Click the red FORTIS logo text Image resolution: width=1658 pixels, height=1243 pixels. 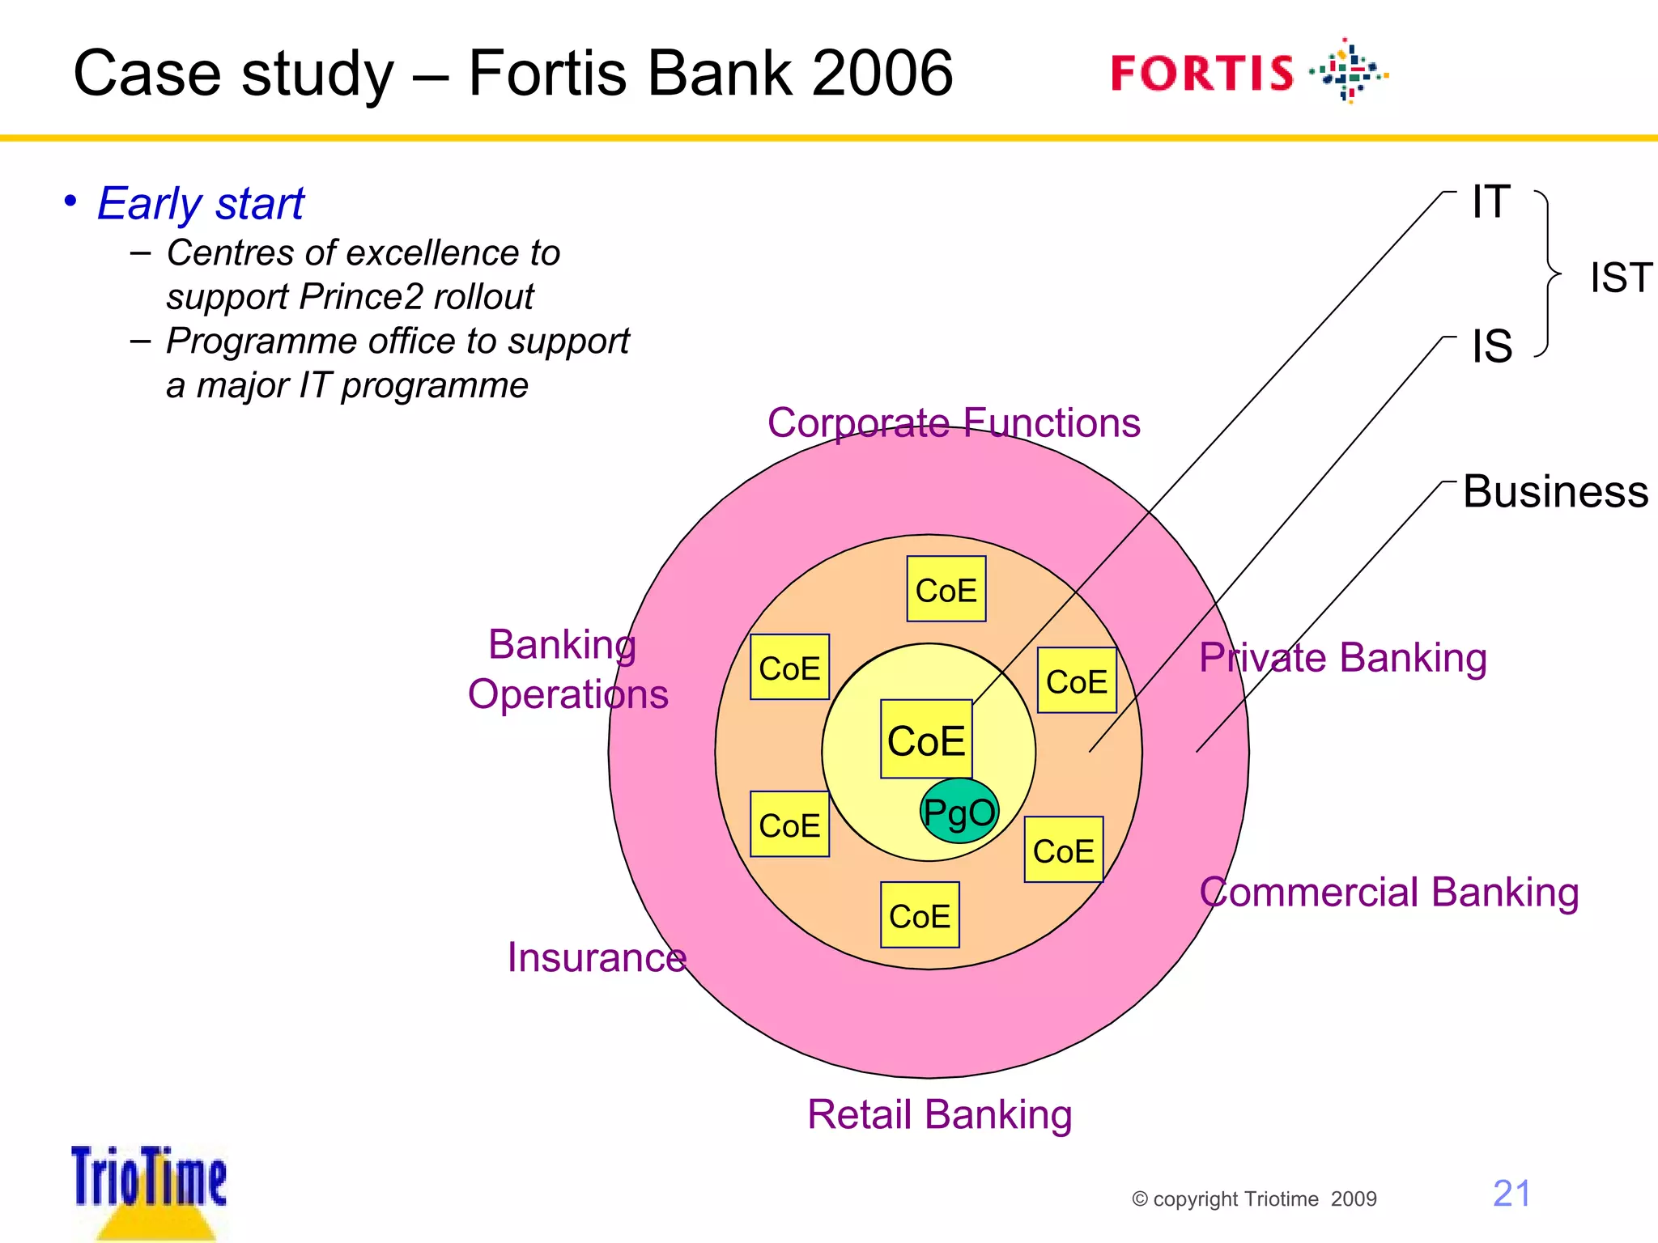[x=1202, y=73]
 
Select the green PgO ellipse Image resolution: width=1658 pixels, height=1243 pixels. [x=959, y=811]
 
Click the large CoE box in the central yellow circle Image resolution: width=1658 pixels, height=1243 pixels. [x=926, y=740]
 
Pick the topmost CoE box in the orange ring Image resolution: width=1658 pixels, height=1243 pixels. [x=946, y=589]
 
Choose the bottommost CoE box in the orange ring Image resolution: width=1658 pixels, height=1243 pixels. [x=920, y=915]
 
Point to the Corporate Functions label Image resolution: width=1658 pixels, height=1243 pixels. [x=954, y=422]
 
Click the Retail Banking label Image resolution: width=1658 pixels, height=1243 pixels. [x=939, y=1114]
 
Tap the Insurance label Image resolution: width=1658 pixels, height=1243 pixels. [x=597, y=957]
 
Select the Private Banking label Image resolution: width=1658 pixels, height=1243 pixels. [x=1342, y=657]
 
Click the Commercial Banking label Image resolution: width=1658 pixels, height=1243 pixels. [x=1388, y=892]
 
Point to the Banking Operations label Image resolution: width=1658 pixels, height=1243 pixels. [x=568, y=669]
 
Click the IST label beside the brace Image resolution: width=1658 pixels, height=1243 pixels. [x=1620, y=278]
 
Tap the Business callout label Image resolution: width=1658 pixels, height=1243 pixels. [x=1555, y=491]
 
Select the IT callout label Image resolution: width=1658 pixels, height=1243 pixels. [x=1490, y=202]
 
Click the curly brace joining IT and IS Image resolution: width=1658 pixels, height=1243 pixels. [x=1548, y=274]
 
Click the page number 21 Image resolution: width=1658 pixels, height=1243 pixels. [x=1511, y=1194]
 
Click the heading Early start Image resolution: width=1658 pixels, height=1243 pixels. [x=200, y=203]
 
